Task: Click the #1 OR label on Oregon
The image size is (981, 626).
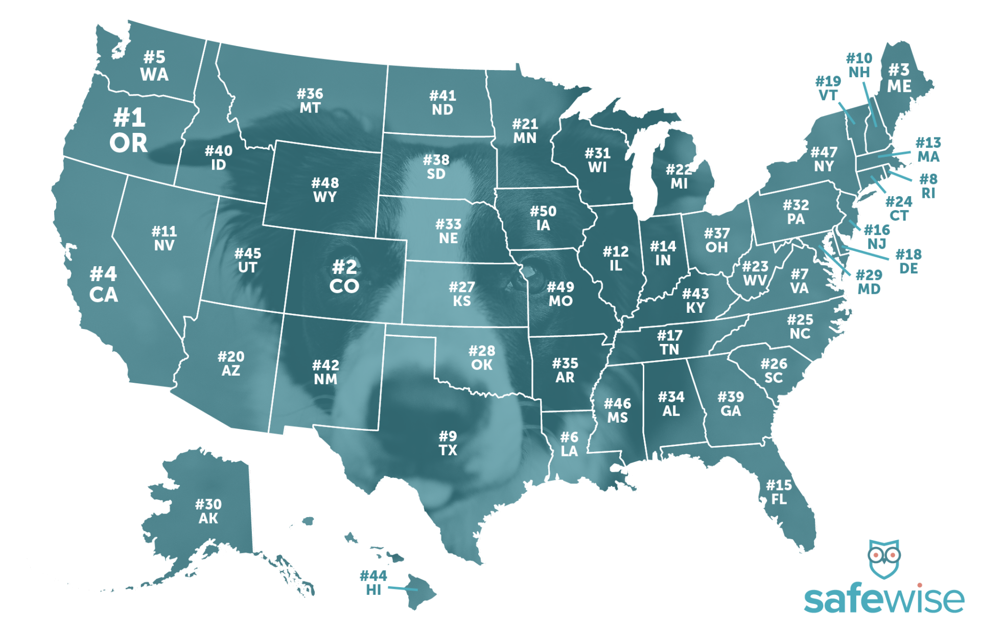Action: tap(129, 131)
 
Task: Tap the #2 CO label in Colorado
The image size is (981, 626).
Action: tap(344, 276)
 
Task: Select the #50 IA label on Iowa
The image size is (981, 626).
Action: tap(543, 218)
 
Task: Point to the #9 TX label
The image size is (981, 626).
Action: tap(448, 443)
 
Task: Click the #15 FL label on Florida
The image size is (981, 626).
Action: tap(779, 492)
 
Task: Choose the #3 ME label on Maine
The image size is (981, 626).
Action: tap(899, 78)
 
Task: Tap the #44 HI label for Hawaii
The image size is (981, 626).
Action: tap(373, 583)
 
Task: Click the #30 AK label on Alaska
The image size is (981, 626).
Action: tap(208, 511)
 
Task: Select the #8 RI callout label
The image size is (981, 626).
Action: tap(928, 186)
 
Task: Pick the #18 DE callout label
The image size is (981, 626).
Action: tap(908, 261)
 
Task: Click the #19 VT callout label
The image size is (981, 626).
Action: tap(828, 88)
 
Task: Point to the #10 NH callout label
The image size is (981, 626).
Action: tap(859, 65)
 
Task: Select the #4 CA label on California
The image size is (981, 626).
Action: tap(104, 284)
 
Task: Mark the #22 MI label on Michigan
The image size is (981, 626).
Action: tap(679, 176)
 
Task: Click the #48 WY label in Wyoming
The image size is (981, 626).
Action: tap(325, 190)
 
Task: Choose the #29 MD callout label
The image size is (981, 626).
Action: tap(869, 282)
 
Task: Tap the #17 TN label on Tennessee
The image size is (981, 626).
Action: tap(669, 342)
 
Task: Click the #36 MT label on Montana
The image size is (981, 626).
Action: tap(310, 101)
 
